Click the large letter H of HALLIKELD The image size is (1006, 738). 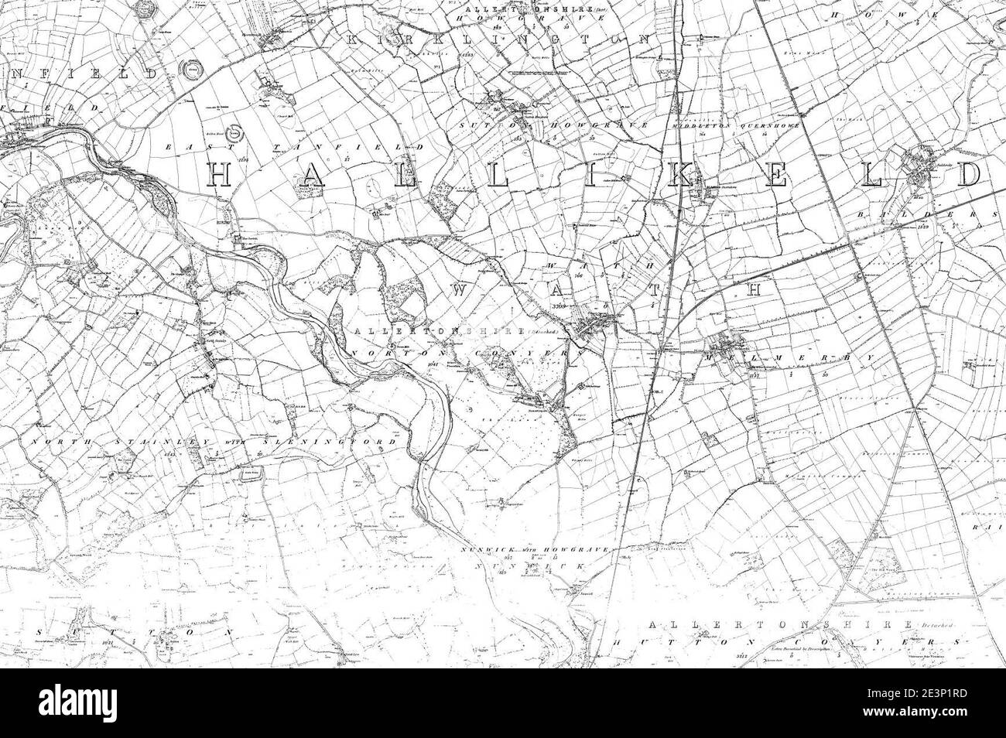tap(220, 176)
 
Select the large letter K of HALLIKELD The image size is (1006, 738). tap(680, 176)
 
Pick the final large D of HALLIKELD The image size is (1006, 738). tap(967, 176)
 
